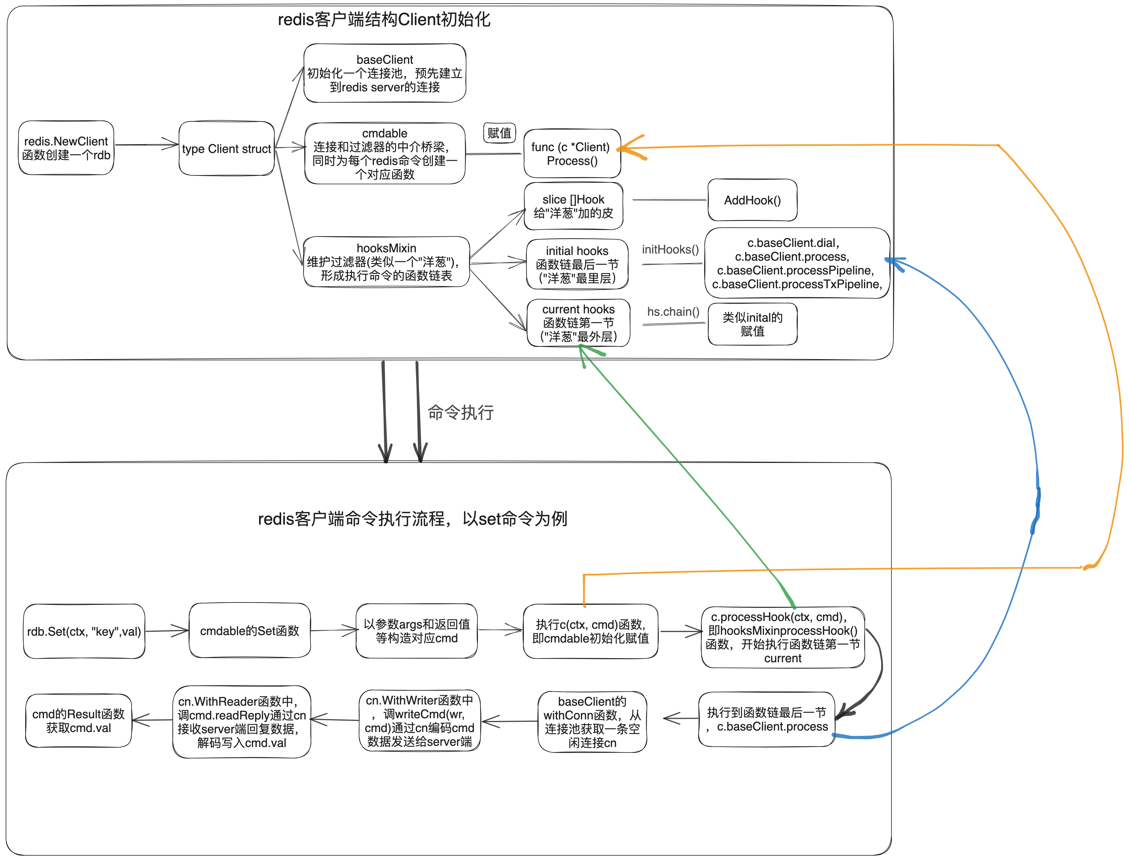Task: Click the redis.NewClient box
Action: click(x=66, y=148)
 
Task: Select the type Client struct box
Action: click(x=226, y=149)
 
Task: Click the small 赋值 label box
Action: click(x=499, y=133)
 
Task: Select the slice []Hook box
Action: click(x=573, y=206)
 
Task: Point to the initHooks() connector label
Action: click(x=670, y=250)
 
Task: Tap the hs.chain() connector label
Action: click(x=673, y=312)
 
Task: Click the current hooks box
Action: click(x=578, y=323)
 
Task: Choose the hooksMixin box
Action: click(x=386, y=262)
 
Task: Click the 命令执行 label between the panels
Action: click(x=460, y=412)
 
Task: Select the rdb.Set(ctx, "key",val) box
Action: click(x=84, y=631)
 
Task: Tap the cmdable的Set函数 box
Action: click(x=249, y=631)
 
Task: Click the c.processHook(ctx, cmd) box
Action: click(x=782, y=637)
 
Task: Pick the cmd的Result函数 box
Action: click(x=78, y=721)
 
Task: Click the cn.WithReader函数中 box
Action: click(x=241, y=722)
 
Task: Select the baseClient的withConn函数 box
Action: click(x=592, y=722)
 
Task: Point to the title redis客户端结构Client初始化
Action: click(x=384, y=19)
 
